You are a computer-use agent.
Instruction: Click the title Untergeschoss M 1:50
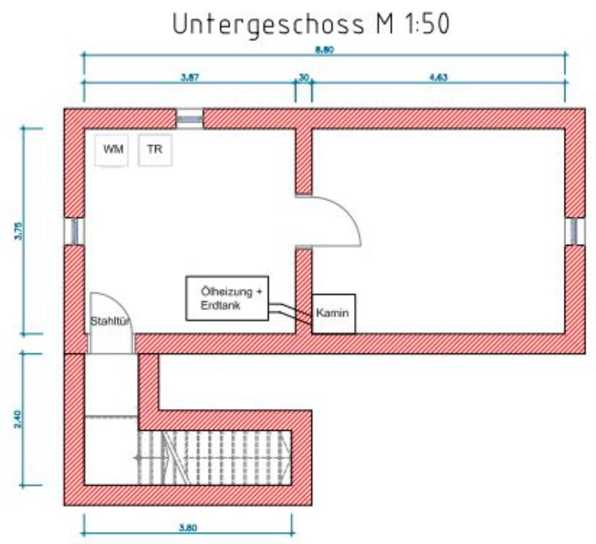click(x=310, y=24)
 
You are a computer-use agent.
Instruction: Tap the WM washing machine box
click(x=112, y=150)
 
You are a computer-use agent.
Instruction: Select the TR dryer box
click(x=155, y=150)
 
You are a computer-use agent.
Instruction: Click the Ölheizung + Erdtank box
click(x=228, y=299)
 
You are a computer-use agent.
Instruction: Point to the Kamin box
click(x=333, y=314)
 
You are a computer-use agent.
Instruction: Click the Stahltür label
click(x=111, y=321)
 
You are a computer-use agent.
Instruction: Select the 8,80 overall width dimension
click(x=324, y=51)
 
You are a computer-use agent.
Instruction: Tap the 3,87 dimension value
click(x=189, y=78)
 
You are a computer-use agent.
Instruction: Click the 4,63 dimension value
click(x=438, y=78)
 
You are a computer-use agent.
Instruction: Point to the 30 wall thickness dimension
click(x=304, y=78)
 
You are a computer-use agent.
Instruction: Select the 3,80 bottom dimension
click(x=187, y=528)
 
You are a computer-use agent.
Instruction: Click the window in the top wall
click(x=189, y=118)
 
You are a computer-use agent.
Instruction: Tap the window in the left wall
click(x=74, y=230)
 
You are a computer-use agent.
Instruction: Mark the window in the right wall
click(x=575, y=230)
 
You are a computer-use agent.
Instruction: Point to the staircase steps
click(x=214, y=457)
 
